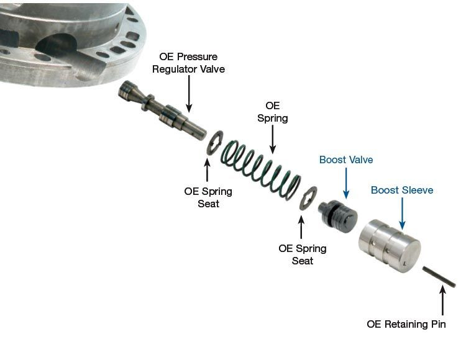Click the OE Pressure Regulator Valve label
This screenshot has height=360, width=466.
tap(188, 63)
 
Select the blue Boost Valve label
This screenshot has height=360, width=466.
tap(346, 160)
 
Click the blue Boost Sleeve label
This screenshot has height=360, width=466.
tap(402, 190)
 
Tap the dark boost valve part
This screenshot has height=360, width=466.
tap(338, 214)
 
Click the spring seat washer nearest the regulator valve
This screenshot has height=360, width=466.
tap(214, 142)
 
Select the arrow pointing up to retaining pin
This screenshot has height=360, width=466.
tap(442, 302)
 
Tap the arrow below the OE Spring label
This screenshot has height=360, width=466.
tap(272, 140)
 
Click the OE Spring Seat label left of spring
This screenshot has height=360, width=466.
tap(208, 197)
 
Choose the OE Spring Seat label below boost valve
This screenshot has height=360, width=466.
tap(302, 254)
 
